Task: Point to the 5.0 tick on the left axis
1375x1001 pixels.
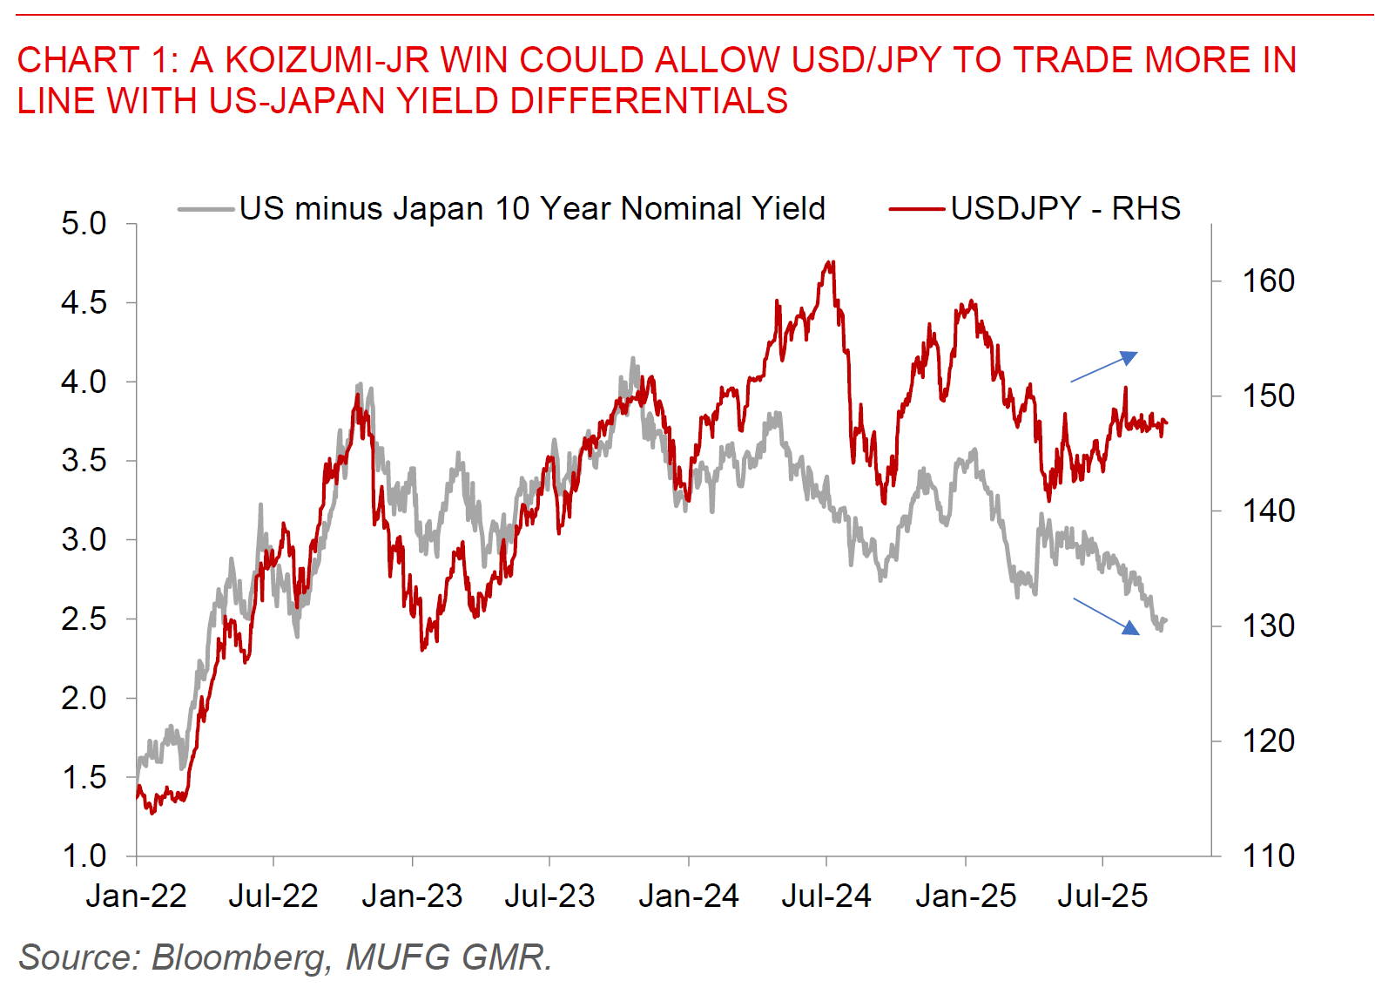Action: point(84,224)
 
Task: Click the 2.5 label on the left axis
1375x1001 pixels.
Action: point(84,619)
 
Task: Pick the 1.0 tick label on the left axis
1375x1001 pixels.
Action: point(84,856)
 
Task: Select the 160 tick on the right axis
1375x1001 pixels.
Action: point(1268,281)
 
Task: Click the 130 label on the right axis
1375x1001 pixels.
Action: point(1268,626)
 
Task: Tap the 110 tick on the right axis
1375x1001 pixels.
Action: point(1268,856)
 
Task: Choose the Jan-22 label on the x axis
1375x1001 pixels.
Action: point(137,896)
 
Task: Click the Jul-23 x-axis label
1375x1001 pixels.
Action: point(549,896)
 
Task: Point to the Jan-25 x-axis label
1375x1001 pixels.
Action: point(966,896)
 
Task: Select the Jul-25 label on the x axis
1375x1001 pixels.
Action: point(1102,896)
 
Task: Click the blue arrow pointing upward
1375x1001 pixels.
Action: point(1104,367)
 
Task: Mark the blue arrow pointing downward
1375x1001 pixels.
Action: point(1106,616)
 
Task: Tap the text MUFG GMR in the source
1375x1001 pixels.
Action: point(446,957)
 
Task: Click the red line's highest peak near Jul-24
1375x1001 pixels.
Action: point(832,262)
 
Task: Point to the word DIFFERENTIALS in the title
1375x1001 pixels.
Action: point(649,101)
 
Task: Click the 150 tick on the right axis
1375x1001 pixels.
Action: point(1268,396)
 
